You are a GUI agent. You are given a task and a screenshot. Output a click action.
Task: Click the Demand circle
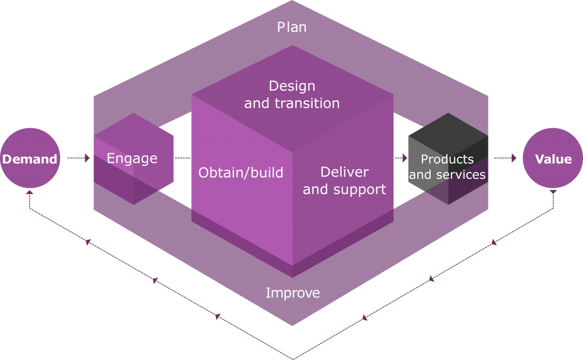[x=30, y=158]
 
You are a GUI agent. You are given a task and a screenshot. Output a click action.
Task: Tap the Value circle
[x=553, y=158]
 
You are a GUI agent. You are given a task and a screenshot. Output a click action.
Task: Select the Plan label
[x=291, y=27]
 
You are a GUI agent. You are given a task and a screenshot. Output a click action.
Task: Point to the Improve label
[x=293, y=293]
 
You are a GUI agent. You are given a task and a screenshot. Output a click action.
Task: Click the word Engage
[x=132, y=158]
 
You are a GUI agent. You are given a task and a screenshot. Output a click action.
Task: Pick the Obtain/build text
[x=241, y=173]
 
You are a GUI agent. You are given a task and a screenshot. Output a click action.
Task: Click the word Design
[x=291, y=86]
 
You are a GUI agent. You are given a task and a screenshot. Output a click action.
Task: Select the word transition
[x=307, y=103]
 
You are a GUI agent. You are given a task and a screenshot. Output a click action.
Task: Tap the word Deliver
[x=344, y=172]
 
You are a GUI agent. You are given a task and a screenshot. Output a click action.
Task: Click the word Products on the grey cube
[x=447, y=159]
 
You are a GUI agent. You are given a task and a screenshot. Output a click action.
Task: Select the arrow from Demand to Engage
[x=79, y=158]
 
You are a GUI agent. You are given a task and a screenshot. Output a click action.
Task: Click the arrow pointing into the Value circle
[x=505, y=158]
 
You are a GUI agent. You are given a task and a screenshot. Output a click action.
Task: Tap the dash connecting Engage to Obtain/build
[x=182, y=158]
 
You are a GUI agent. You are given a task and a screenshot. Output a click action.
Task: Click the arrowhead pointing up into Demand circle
[x=30, y=193]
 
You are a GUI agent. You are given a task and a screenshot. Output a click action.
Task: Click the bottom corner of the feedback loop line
[x=293, y=358]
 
